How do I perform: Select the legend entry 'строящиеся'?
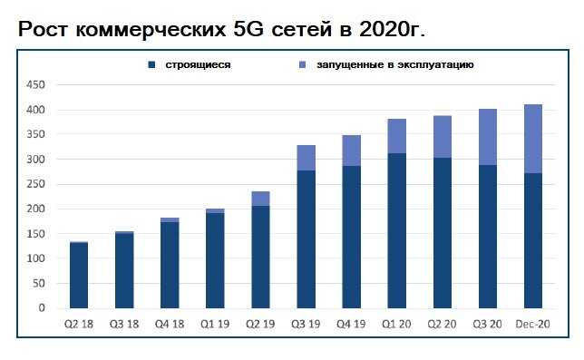pyautogui.click(x=195, y=65)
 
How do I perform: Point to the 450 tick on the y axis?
pyautogui.click(x=35, y=85)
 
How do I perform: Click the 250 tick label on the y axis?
pyautogui.click(x=35, y=184)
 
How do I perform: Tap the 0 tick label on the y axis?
pyautogui.click(x=41, y=308)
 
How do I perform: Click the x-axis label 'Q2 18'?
pyautogui.click(x=79, y=325)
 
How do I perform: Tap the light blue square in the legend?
pyautogui.click(x=302, y=65)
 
